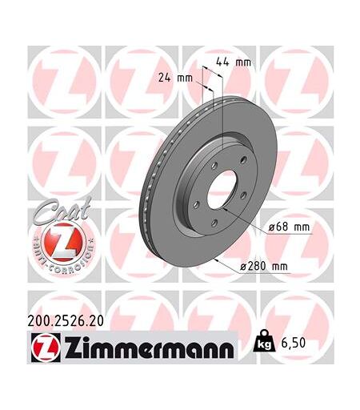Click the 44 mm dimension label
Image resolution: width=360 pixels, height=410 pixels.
[234, 62]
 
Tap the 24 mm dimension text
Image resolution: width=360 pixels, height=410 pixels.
[175, 78]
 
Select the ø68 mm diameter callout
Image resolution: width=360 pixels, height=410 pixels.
[290, 227]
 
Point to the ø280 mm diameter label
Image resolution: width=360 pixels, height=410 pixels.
[264, 266]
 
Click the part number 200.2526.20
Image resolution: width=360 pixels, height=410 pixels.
[66, 321]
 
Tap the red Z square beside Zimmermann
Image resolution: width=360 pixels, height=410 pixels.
[46, 348]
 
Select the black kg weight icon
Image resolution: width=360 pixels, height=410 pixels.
[264, 341]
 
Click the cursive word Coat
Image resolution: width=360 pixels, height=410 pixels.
[62, 210]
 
